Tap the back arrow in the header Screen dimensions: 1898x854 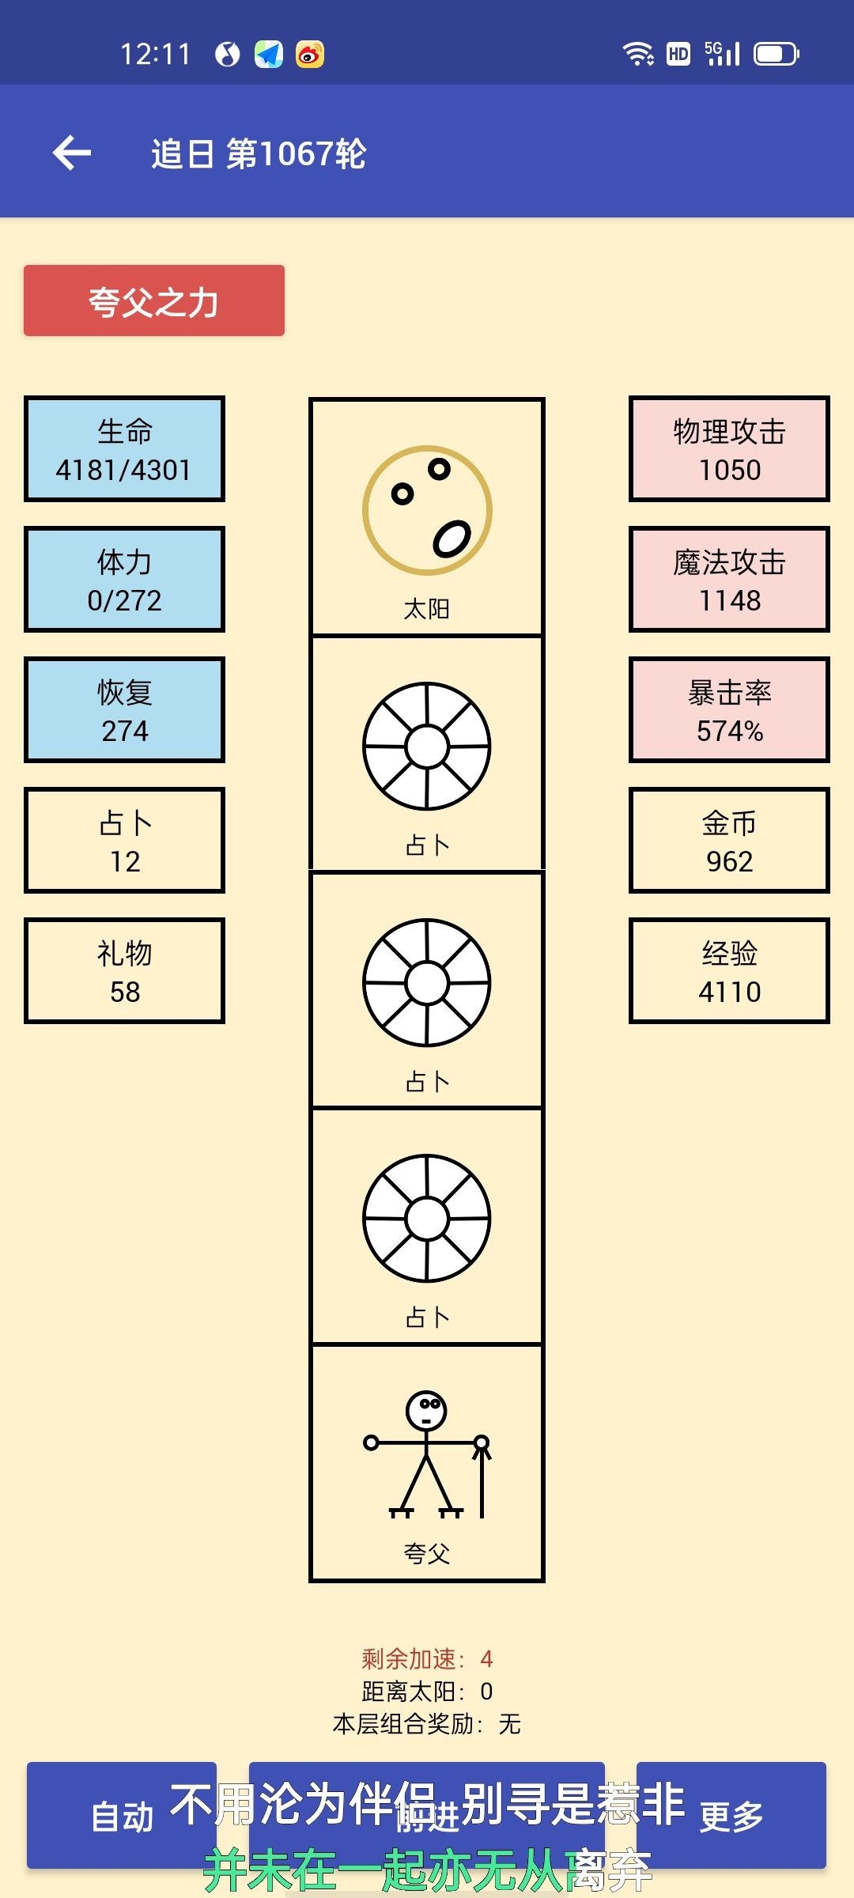coord(72,153)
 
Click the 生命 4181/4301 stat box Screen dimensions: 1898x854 coord(124,449)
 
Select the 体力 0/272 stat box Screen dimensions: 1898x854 coord(124,580)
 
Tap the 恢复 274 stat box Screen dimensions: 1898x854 coord(124,710)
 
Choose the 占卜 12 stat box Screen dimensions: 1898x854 coord(124,841)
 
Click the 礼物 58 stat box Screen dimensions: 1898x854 coord(124,971)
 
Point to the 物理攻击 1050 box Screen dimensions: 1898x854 coord(729,449)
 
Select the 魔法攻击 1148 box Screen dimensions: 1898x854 coord(729,580)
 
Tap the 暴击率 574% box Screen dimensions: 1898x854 coord(729,710)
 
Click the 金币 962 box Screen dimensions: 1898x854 coord(729,841)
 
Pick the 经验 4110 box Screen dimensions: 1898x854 coord(729,971)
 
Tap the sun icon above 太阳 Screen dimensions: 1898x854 coord(427,510)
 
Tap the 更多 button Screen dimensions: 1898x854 coord(731,1816)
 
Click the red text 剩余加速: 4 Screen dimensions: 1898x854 coord(427,1658)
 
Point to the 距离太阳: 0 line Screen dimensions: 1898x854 coord(427,1691)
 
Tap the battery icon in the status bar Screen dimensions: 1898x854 coord(776,54)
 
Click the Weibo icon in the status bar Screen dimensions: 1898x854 coord(310,54)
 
